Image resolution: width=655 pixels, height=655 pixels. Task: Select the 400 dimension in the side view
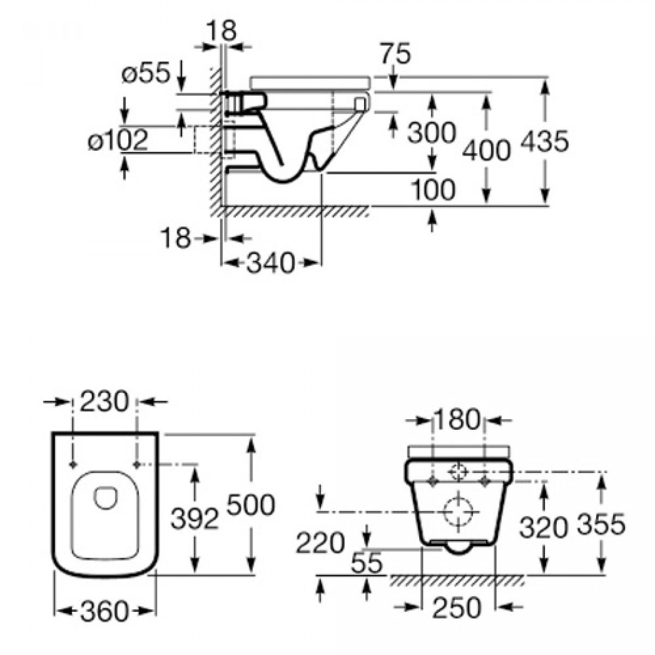point(486,150)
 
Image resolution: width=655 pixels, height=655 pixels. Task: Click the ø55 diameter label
point(145,74)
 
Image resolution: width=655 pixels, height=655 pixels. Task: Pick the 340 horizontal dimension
point(271,264)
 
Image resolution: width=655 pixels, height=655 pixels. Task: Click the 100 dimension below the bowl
point(432,190)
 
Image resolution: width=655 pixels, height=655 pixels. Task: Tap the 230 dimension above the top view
point(104,403)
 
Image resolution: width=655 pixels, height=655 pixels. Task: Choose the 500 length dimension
point(251,505)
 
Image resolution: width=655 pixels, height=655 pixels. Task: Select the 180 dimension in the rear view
point(457,420)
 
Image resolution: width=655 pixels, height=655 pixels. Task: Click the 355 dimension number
point(600,525)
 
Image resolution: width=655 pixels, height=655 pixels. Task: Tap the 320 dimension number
point(543,527)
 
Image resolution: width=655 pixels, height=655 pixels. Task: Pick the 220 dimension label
point(320,543)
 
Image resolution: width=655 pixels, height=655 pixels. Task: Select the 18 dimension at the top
point(222,31)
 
